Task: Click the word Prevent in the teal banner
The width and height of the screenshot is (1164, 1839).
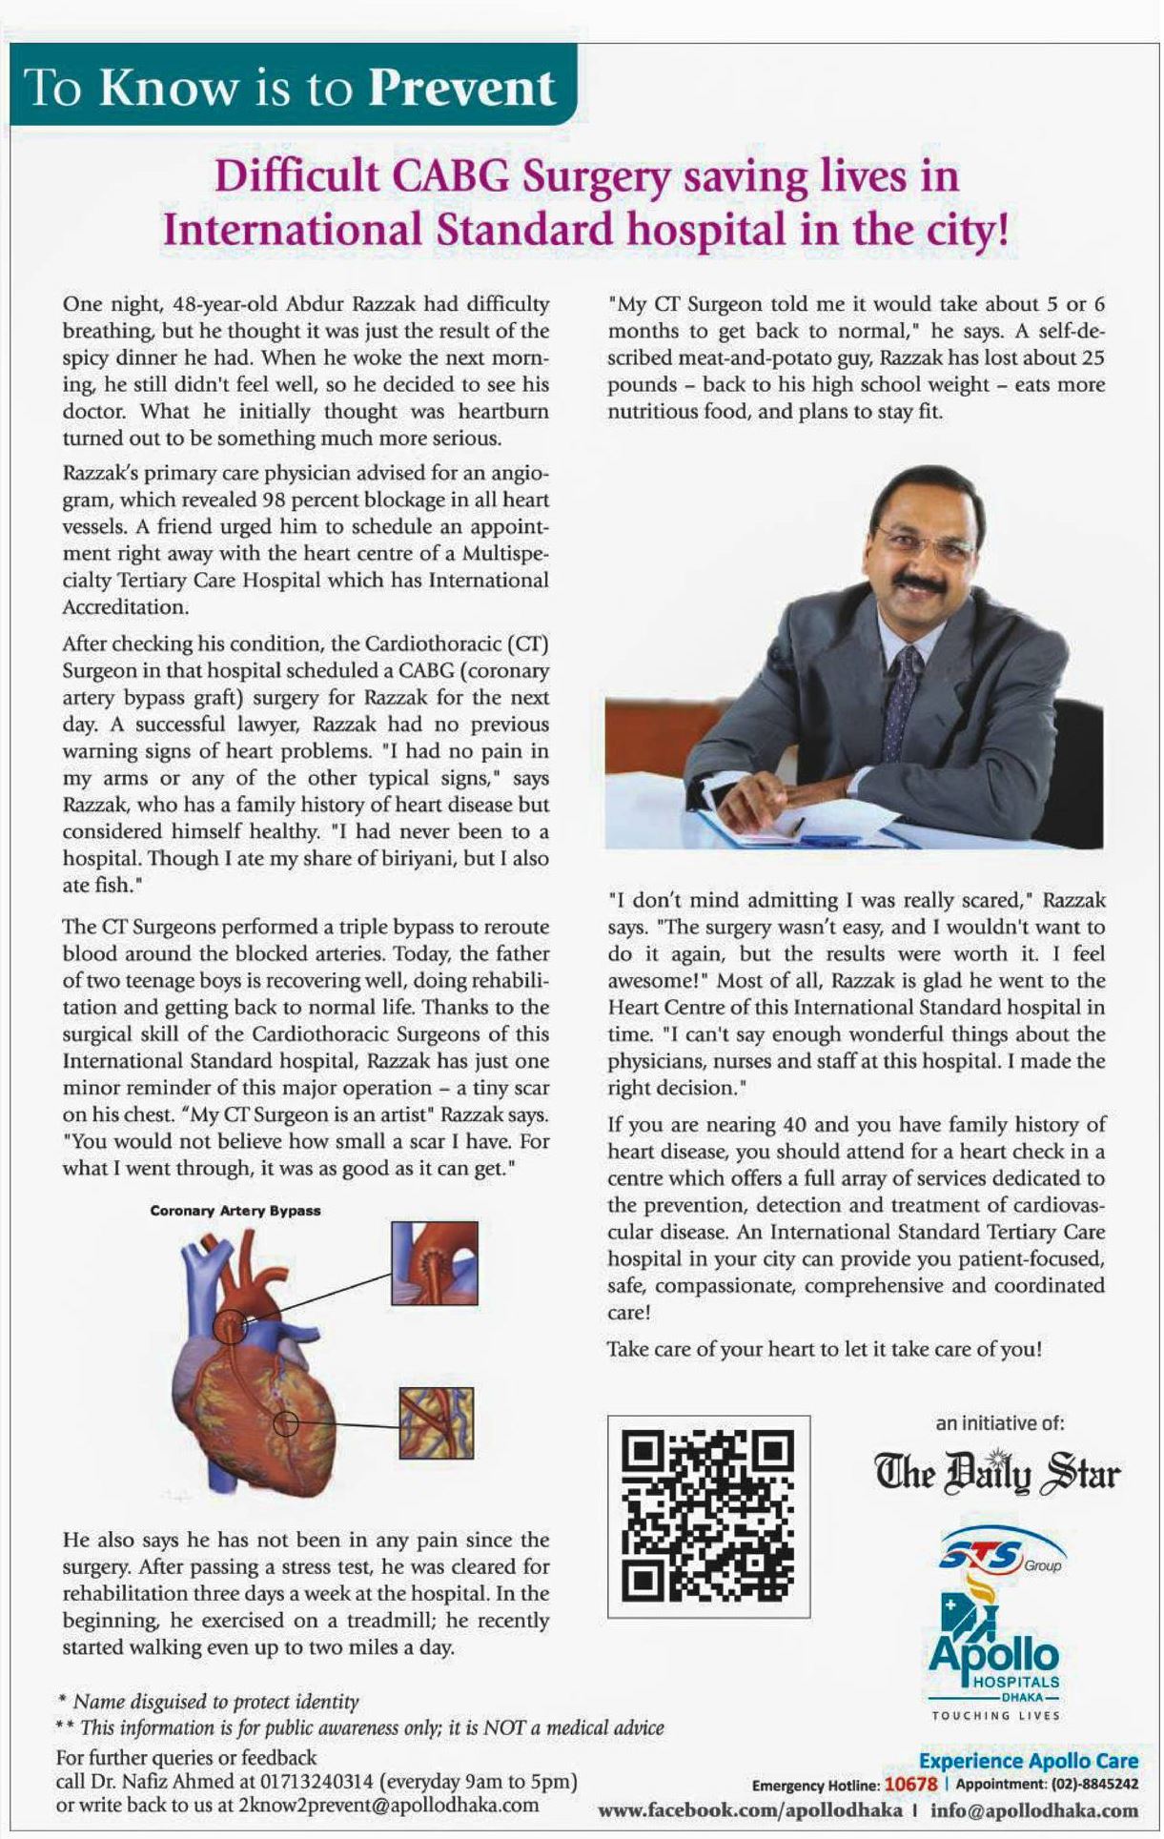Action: (x=460, y=88)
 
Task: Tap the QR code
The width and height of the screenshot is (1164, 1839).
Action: (x=708, y=1516)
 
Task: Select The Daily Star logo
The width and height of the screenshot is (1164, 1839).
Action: (x=997, y=1473)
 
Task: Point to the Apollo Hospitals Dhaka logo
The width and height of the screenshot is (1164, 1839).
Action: (x=995, y=1655)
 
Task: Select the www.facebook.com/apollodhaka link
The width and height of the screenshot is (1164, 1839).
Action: (x=749, y=1809)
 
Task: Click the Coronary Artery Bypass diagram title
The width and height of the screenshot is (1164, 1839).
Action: (x=235, y=1211)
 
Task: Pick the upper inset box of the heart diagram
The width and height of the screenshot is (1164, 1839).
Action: (x=434, y=1262)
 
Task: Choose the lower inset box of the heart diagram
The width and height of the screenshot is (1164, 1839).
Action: (x=437, y=1422)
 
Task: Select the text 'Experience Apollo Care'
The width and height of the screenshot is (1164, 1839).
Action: (x=1028, y=1761)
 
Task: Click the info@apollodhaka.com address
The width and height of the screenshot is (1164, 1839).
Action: (x=1034, y=1809)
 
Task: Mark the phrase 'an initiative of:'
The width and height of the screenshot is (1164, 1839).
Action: (x=999, y=1423)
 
